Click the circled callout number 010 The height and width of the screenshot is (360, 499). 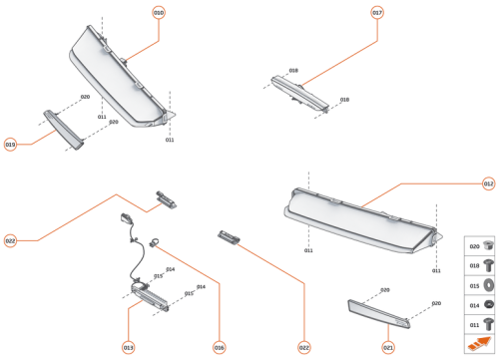(159, 13)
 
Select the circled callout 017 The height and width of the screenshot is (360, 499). (377, 13)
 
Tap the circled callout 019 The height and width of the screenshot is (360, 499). (10, 144)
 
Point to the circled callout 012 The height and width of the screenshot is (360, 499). (488, 183)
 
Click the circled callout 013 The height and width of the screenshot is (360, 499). (128, 347)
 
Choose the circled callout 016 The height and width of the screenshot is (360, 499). (219, 347)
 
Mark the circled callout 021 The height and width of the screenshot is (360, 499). (388, 347)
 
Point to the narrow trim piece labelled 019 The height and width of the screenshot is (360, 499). (61, 128)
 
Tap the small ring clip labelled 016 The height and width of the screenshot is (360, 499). (156, 241)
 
